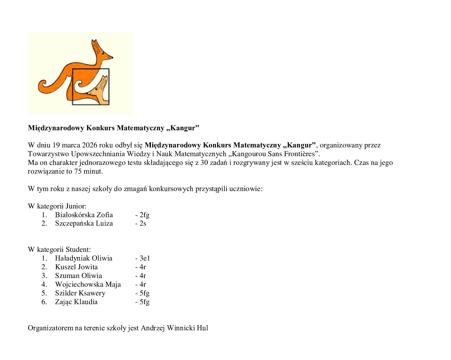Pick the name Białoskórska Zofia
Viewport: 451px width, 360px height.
(x=84, y=215)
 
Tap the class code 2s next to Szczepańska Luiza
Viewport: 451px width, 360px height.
(x=143, y=223)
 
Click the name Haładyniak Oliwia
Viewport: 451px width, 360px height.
(x=83, y=258)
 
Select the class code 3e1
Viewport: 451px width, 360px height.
(x=145, y=258)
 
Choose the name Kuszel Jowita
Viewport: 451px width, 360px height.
(x=76, y=267)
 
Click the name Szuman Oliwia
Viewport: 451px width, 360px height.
(x=78, y=276)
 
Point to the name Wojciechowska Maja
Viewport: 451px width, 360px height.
(x=88, y=284)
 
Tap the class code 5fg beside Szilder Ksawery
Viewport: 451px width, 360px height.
(x=144, y=293)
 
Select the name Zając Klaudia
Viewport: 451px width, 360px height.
(x=76, y=302)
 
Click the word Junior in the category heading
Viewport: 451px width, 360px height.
(x=76, y=206)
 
